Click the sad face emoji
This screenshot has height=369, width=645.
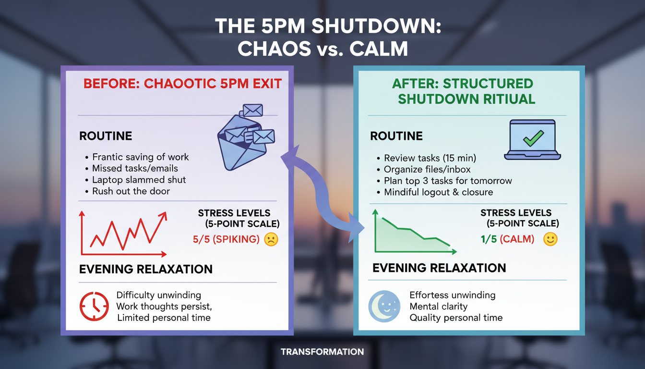point(271,239)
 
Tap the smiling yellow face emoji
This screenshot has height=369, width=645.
point(550,239)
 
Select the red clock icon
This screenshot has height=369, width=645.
point(94,306)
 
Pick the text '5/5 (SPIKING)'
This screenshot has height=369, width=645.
point(226,239)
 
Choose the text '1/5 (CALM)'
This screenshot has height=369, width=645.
point(507,239)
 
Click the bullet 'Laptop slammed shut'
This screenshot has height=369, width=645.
point(139,180)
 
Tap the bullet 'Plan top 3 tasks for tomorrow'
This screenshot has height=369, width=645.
point(448,181)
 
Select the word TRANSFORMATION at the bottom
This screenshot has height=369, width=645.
point(322,352)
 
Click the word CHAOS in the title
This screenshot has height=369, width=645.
point(274,49)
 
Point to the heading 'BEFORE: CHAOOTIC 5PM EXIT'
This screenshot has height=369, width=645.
point(182,84)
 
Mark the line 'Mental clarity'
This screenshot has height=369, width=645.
point(438,306)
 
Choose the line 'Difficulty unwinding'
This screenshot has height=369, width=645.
point(158,295)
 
